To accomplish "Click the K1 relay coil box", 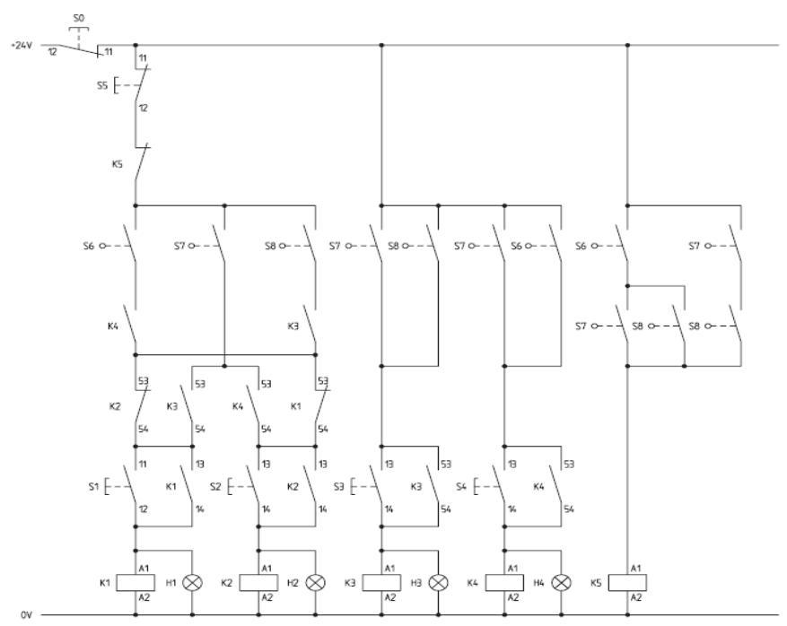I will pos(136,581).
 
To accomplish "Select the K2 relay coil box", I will pos(258,581).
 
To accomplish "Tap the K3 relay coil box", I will pos(381,581).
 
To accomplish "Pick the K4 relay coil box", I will pos(503,581).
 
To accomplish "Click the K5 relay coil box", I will pos(626,581).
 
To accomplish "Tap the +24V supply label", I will pos(21,44).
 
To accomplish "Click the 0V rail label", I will pos(27,614).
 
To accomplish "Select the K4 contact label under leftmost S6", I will pos(111,327).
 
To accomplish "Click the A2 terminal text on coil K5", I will pos(635,596).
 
